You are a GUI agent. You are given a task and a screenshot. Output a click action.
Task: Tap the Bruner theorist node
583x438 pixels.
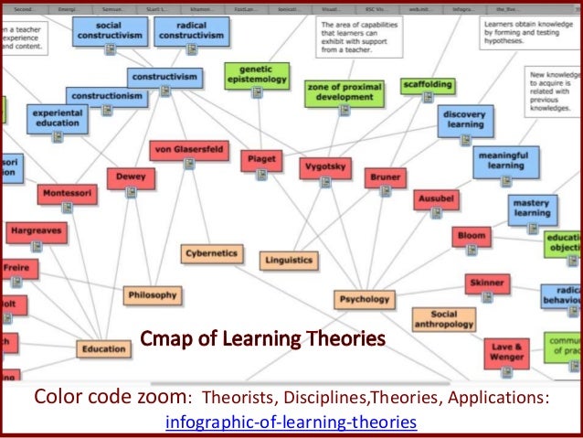(385, 176)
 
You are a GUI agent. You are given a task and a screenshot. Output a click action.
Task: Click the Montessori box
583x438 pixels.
(67, 194)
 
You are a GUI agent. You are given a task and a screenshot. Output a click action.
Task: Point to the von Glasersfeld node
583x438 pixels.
(189, 149)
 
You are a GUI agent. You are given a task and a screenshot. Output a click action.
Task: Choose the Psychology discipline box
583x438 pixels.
(364, 298)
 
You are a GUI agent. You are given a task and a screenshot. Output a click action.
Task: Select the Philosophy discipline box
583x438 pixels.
(152, 294)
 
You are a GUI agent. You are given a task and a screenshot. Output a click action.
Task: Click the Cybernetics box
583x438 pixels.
(212, 253)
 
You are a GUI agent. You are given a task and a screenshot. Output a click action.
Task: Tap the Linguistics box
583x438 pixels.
(288, 260)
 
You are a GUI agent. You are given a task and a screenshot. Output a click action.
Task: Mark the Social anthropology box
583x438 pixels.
(443, 318)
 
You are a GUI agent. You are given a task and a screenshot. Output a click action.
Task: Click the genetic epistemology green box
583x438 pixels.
(256, 75)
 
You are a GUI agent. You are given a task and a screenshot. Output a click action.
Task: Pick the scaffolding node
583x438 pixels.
(427, 84)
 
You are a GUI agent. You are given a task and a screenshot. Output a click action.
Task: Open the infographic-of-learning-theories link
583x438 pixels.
(291, 422)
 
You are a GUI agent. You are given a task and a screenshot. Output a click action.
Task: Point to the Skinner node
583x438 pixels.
(487, 283)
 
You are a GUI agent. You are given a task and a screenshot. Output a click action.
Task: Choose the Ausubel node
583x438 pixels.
(436, 198)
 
